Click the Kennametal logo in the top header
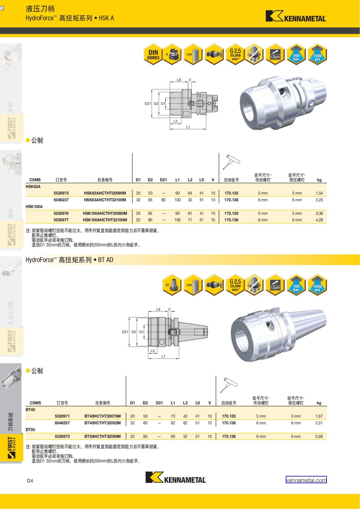(x=295, y=16)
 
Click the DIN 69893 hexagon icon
(x=153, y=55)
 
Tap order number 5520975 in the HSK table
(x=61, y=193)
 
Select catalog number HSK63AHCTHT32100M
(x=105, y=200)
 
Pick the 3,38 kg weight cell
(x=319, y=214)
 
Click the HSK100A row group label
(x=34, y=207)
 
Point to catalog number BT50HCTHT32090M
(x=103, y=436)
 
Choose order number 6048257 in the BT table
(x=62, y=423)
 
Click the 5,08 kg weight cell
(x=319, y=436)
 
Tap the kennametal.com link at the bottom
(x=306, y=480)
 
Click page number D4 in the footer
(x=30, y=481)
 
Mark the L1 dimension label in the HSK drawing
(x=188, y=127)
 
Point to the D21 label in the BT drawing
(x=125, y=332)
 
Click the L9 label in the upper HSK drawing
(x=179, y=80)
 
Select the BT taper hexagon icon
(x=172, y=285)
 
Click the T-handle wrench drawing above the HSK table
(x=232, y=162)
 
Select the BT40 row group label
(x=30, y=409)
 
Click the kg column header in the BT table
(x=319, y=403)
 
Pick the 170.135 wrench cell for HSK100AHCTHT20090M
(x=231, y=214)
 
